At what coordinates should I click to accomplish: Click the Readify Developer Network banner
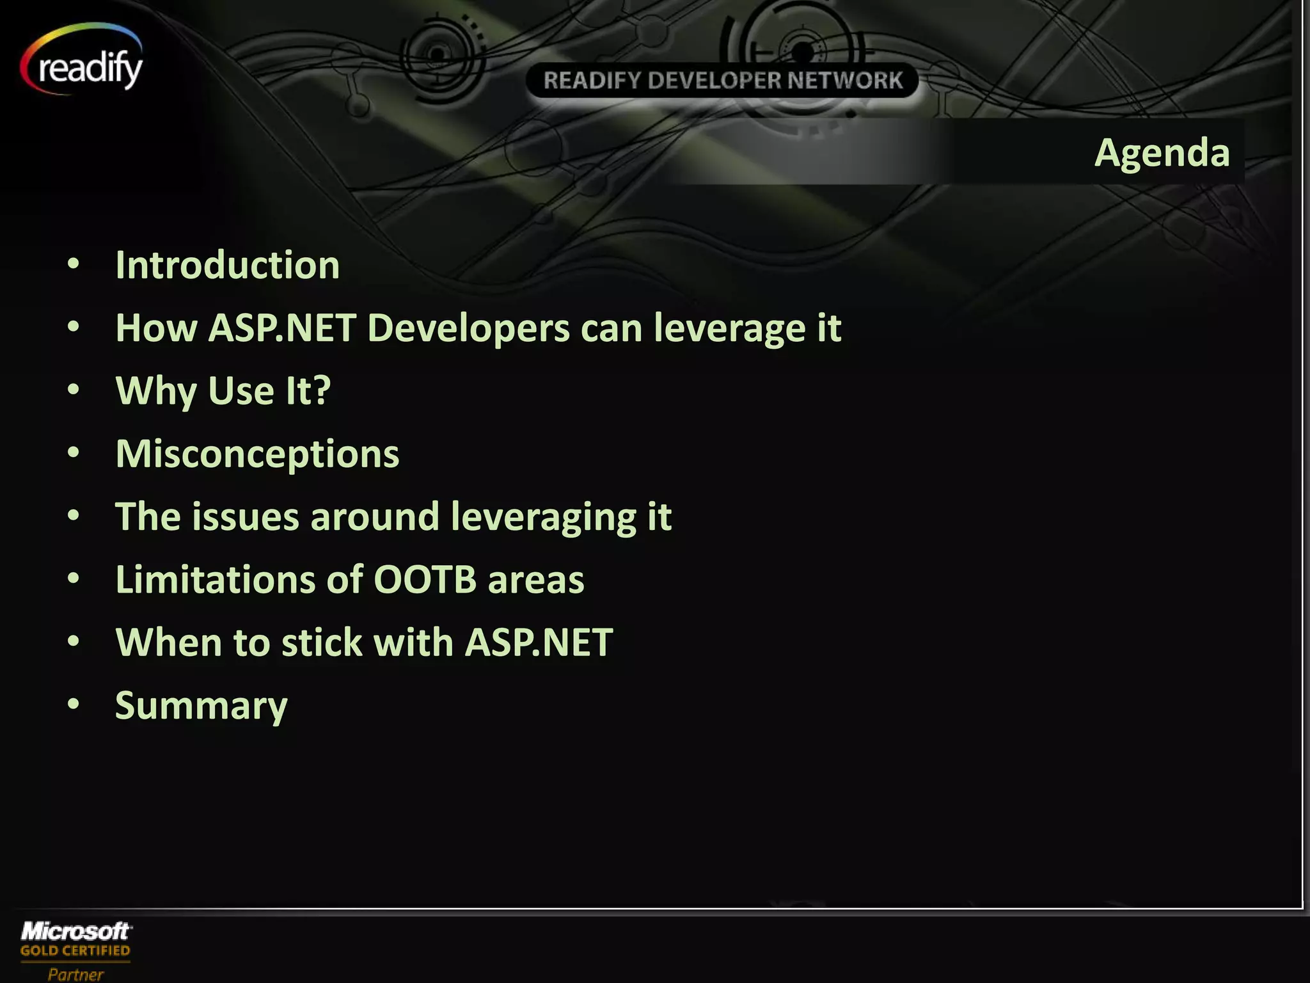coord(722,81)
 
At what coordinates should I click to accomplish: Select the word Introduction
coord(227,265)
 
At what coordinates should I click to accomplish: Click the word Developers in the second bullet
coord(468,328)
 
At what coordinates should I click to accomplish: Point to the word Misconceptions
coord(257,454)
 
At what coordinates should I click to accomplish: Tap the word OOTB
coord(425,579)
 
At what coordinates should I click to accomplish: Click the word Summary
coord(201,705)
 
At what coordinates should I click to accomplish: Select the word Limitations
coord(216,579)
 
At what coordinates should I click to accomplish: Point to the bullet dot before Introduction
coord(74,264)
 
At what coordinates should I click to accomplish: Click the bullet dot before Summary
coord(74,704)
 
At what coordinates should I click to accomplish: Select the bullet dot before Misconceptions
coord(74,452)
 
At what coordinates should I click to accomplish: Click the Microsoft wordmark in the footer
coord(76,931)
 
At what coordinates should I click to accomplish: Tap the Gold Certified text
coord(75,951)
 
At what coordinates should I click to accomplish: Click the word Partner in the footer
coord(75,974)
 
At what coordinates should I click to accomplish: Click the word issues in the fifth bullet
coord(245,516)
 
